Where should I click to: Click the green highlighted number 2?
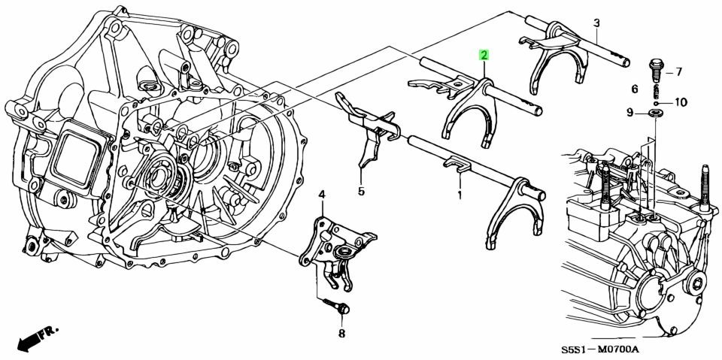point(484,56)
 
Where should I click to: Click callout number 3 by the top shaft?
point(596,22)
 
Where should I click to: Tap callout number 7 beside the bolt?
point(679,72)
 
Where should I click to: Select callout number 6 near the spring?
point(635,89)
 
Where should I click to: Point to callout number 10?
point(680,102)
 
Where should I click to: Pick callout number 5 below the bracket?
point(361,190)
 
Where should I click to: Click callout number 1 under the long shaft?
point(459,195)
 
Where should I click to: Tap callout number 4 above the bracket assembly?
point(322,195)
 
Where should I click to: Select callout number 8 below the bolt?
point(341,333)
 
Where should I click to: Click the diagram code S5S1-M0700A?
point(600,351)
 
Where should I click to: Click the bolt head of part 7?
point(655,64)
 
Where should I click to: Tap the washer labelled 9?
point(654,113)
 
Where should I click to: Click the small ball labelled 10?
point(656,103)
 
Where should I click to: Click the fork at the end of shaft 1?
point(516,212)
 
